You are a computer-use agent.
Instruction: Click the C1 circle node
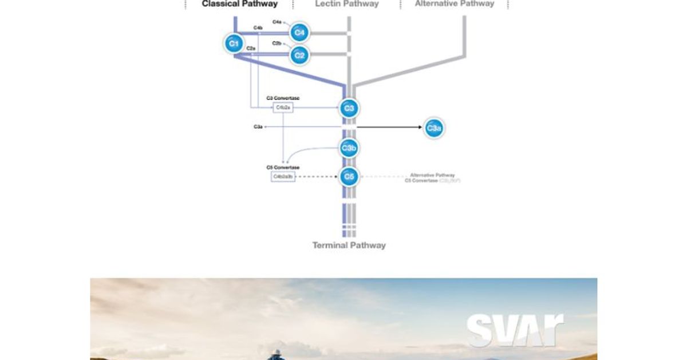click(x=233, y=43)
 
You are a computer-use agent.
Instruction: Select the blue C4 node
click(x=299, y=33)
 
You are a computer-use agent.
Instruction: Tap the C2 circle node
click(x=299, y=55)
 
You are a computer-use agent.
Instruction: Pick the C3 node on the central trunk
click(x=349, y=108)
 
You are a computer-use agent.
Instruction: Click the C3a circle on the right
click(x=433, y=128)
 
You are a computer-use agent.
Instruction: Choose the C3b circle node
click(x=349, y=148)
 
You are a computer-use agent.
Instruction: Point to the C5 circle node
click(x=349, y=176)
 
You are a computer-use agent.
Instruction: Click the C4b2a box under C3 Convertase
click(x=283, y=107)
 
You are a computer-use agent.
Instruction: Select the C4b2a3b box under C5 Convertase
click(x=283, y=176)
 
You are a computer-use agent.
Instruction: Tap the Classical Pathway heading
click(x=239, y=4)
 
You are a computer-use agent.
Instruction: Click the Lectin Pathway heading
click(x=346, y=4)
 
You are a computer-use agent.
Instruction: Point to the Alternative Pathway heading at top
click(x=454, y=4)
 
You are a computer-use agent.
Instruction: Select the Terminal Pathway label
click(x=349, y=245)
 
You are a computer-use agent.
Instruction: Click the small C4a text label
click(x=277, y=22)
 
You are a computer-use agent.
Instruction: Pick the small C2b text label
click(x=277, y=43)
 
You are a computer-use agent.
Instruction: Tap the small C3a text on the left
click(x=258, y=126)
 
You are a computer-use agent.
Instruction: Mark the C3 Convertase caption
click(x=283, y=98)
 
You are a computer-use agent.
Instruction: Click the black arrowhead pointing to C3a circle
click(x=420, y=127)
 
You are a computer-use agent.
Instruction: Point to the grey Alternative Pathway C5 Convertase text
click(x=433, y=177)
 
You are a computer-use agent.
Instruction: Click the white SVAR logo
click(x=514, y=330)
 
